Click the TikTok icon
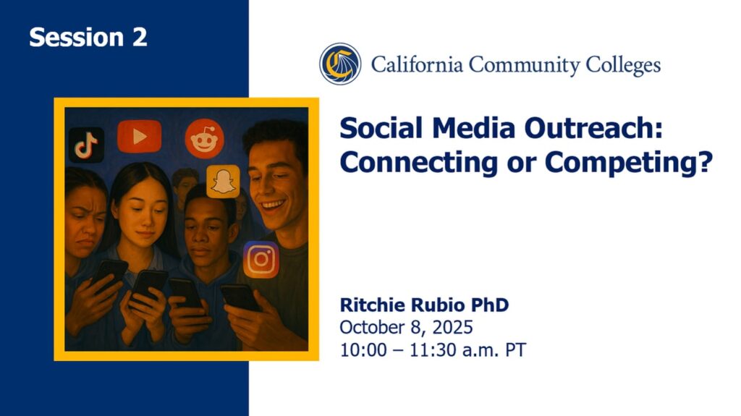tap(87, 145)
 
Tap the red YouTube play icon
tap(140, 137)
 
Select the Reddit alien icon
tap(204, 138)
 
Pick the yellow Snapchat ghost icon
tap(223, 182)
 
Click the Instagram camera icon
tap(261, 259)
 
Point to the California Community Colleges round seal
tap(340, 64)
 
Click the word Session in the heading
tap(76, 37)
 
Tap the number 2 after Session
tap(140, 37)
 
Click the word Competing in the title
tap(629, 163)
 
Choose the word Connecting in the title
tap(419, 163)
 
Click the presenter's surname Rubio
tap(438, 305)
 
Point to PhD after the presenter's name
tap(490, 305)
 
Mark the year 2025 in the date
tap(452, 327)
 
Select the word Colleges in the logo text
tap(623, 65)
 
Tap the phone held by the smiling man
tap(240, 297)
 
